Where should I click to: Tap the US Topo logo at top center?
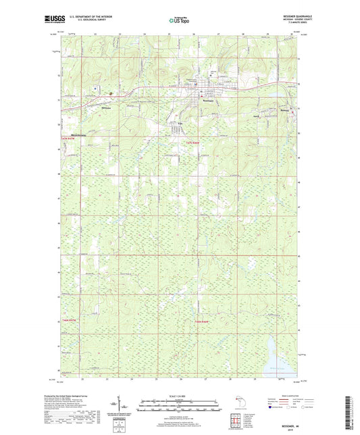pyautogui.click(x=179, y=21)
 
